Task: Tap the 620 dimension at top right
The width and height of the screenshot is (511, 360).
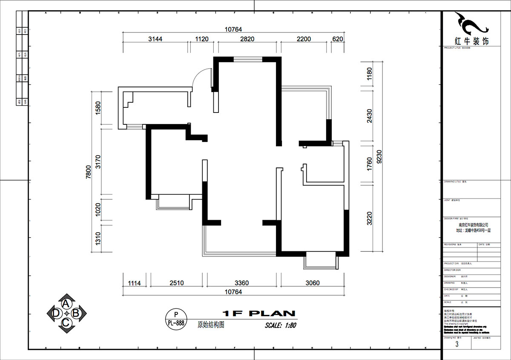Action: [x=337, y=39]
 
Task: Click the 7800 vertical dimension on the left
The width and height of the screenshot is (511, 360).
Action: [x=89, y=173]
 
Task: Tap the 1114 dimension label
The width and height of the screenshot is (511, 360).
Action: [x=134, y=282]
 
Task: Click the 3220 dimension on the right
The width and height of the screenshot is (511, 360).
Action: [x=369, y=218]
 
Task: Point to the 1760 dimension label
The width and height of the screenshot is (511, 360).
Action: [x=369, y=164]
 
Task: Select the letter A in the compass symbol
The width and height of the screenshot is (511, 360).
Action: [x=66, y=303]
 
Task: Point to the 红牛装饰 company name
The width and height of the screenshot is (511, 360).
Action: [x=471, y=41]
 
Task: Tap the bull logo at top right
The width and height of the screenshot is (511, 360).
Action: [x=470, y=23]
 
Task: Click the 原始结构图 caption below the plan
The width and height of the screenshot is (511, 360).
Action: [x=211, y=324]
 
